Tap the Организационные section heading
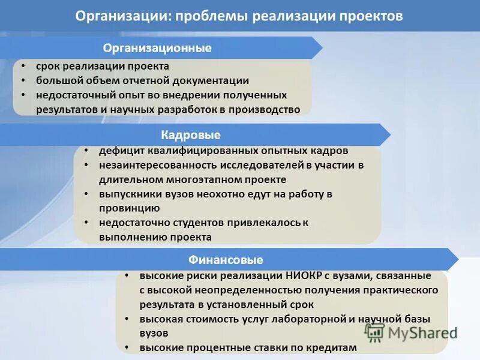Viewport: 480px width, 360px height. coord(157,48)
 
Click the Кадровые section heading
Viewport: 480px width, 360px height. coord(191,134)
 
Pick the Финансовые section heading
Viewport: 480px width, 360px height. coord(226,260)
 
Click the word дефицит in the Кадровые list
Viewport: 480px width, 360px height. coord(120,151)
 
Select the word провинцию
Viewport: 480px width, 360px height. coord(130,208)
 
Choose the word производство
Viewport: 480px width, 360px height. coord(259,109)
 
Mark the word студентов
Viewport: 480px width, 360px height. coord(194,223)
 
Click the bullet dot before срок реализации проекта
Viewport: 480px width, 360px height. coord(22,66)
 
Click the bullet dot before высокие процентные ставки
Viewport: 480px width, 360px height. coord(127,347)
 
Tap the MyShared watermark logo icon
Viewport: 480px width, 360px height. coord(375,332)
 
